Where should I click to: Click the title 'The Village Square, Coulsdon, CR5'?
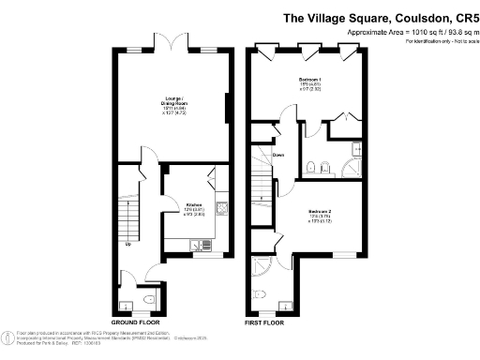click(380, 18)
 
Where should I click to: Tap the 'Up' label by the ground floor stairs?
click(127, 246)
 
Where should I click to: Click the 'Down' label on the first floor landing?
click(278, 155)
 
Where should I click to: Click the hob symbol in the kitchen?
click(221, 209)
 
